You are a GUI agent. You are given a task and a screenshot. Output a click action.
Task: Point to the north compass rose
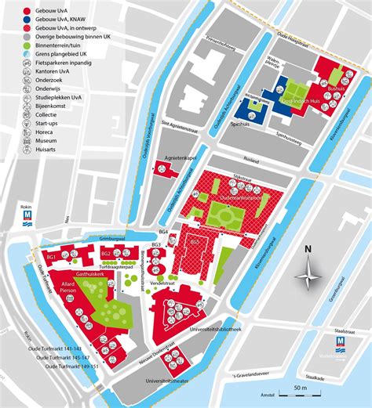pyautogui.click(x=308, y=274)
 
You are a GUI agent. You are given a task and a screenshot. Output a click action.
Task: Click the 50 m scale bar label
pyautogui.click(x=301, y=388)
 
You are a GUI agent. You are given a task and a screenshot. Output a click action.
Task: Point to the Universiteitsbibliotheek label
pyautogui.click(x=233, y=329)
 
